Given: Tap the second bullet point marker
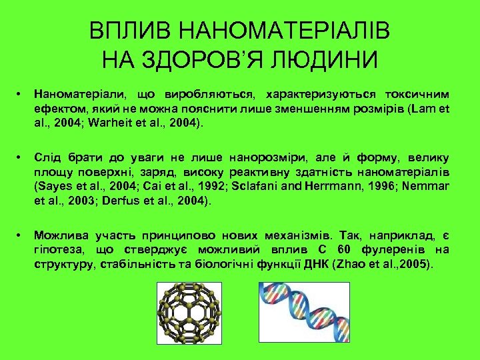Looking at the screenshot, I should click(x=22, y=159).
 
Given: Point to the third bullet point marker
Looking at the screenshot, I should click(x=22, y=236).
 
